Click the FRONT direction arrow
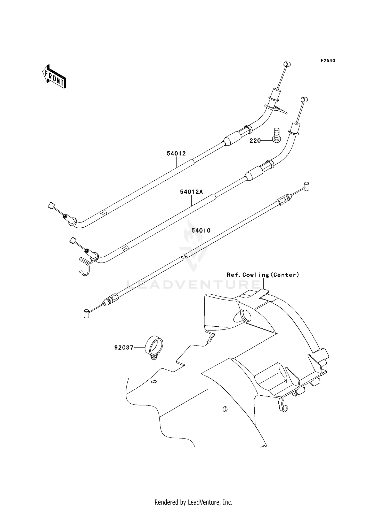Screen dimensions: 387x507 (54, 76)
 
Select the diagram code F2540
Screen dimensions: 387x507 (328, 61)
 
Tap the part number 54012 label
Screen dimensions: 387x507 (176, 153)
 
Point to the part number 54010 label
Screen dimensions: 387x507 (201, 230)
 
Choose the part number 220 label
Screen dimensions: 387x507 (255, 141)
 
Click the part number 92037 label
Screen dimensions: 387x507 (124, 348)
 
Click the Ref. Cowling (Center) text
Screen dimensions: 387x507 (263, 275)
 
